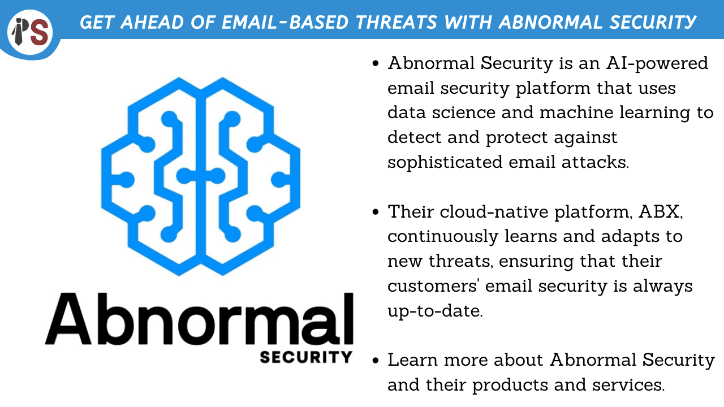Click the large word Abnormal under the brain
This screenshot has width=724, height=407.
[199, 320]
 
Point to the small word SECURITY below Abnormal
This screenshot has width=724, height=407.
[306, 357]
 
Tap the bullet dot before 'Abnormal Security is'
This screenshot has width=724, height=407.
[375, 64]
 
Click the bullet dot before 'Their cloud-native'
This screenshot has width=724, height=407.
[375, 213]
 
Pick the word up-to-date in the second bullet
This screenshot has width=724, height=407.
[434, 311]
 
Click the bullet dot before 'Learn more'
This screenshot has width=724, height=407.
[375, 361]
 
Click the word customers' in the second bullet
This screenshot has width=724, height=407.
[428, 286]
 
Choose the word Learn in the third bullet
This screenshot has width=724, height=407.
[410, 360]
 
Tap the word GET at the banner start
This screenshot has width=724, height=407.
[97, 22]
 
